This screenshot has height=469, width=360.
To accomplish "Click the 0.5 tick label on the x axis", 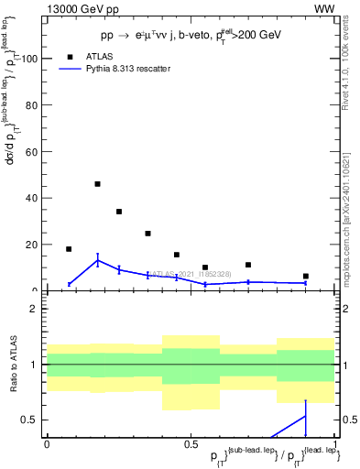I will (191, 444).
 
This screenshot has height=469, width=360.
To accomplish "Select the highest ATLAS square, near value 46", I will (98, 184).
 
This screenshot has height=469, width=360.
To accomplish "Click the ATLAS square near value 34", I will (119, 212).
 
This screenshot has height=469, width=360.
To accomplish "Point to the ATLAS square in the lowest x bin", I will (69, 249).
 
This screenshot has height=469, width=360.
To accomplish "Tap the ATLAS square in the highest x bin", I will (306, 276).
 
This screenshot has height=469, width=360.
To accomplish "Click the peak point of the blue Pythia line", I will (98, 260).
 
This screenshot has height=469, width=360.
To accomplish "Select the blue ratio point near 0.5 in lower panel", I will (306, 417).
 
